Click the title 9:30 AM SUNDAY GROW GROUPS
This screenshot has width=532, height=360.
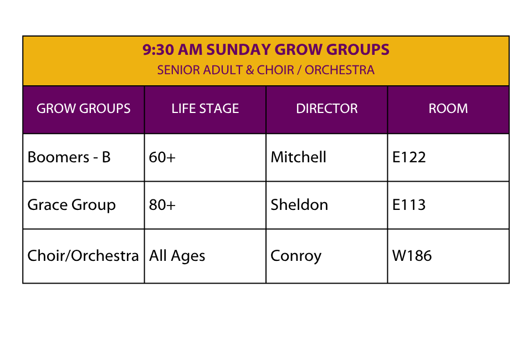click(x=265, y=49)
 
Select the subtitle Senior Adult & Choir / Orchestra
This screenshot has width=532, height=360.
click(x=265, y=70)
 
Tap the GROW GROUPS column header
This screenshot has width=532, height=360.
click(x=84, y=109)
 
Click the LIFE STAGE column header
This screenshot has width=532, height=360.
click(x=205, y=109)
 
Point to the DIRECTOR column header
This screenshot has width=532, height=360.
click(x=327, y=109)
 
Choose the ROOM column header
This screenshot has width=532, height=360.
click(x=448, y=109)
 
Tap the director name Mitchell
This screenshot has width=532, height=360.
click(x=298, y=157)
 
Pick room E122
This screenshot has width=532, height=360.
click(x=409, y=157)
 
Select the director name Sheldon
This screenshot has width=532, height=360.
click(x=299, y=204)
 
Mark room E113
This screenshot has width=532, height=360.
click(x=409, y=205)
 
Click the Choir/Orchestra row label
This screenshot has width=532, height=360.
click(x=83, y=255)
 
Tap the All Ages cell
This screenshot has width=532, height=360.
click(x=177, y=256)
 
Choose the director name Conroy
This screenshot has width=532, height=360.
click(x=296, y=256)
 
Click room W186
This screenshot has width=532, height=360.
click(x=412, y=255)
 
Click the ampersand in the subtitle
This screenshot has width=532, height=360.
click(x=250, y=70)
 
